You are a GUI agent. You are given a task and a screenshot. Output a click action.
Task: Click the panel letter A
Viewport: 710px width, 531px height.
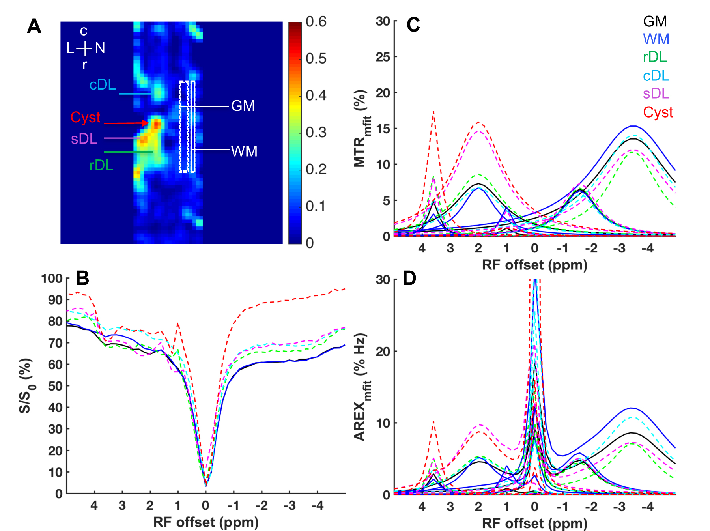tap(34, 26)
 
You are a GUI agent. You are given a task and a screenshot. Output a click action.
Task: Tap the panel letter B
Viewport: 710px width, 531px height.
tap(82, 278)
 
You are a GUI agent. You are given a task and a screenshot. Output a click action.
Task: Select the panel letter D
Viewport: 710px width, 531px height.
tap(409, 278)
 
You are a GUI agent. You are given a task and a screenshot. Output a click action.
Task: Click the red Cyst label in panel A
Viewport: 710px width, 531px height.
tap(85, 117)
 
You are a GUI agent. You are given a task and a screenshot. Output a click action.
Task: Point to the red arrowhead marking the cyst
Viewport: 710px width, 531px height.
tap(146, 123)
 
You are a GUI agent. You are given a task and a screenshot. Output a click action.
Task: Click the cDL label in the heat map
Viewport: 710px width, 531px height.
tap(102, 84)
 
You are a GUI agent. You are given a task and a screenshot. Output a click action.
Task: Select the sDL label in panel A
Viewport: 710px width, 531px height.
tap(84, 139)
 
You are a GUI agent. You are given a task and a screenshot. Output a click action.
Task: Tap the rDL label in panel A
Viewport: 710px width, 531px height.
tap(101, 165)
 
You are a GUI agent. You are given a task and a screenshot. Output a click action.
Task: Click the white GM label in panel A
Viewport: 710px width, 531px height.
tap(243, 106)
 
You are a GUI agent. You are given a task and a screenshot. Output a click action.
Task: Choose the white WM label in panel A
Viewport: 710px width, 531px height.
tap(244, 151)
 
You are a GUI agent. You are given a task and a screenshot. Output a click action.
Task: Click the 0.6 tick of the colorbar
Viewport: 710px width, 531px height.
tap(316, 22)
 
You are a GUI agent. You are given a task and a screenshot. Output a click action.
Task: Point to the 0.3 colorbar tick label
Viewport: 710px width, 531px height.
tap(316, 132)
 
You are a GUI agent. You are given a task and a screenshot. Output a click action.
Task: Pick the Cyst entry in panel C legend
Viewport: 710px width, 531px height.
tap(658, 112)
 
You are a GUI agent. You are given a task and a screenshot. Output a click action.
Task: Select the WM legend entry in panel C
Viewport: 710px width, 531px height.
tap(656, 39)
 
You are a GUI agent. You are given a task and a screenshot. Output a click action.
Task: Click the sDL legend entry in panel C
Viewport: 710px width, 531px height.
tap(656, 94)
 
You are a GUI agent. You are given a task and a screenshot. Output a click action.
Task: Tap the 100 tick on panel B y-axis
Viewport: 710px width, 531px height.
tap(52, 279)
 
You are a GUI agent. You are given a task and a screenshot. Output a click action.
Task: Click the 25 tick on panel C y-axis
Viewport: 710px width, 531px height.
tap(383, 57)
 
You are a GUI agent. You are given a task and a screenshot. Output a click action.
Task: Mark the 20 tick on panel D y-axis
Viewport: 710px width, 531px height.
tap(383, 351)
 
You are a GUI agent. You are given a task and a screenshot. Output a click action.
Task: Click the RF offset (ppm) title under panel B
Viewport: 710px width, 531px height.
tap(206, 522)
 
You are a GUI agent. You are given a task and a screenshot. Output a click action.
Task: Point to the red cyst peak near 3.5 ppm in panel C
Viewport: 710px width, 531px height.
tap(433, 112)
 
